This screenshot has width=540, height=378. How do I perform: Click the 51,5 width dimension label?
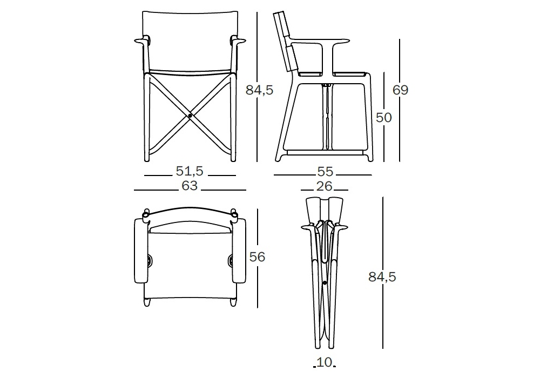(190, 171)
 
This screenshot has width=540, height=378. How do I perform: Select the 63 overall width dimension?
(190, 186)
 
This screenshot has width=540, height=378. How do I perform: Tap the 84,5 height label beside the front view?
(259, 90)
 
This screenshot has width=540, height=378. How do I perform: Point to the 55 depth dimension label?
(325, 171)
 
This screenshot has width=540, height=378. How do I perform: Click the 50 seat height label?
(383, 118)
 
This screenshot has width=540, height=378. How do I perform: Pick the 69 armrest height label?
(401, 90)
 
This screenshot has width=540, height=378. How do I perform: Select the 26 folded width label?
(325, 186)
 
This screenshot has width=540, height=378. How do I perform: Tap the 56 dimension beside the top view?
(257, 257)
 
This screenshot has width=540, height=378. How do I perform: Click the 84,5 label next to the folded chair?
(382, 277)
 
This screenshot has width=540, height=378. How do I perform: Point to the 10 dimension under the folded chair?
(325, 362)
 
